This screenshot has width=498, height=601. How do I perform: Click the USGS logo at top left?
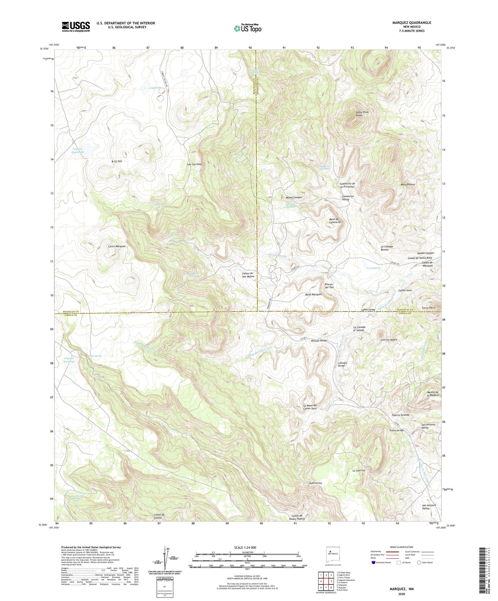75,27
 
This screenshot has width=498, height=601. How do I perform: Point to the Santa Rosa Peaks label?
362,114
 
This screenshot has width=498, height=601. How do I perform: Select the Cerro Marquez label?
117,246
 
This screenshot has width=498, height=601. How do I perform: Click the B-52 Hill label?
117,161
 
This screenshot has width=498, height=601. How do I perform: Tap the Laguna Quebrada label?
78,150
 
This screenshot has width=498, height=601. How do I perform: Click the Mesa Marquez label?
313,295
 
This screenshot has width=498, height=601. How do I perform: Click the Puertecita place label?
315,483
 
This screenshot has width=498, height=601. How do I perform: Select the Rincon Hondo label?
319,341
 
